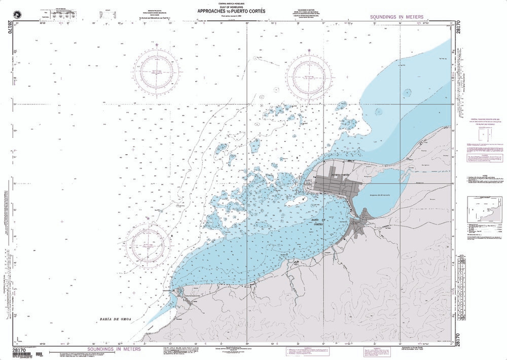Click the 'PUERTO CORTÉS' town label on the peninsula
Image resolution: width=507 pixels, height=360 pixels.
[x=339, y=175]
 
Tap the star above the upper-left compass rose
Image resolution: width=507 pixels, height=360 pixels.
[x=157, y=46]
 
